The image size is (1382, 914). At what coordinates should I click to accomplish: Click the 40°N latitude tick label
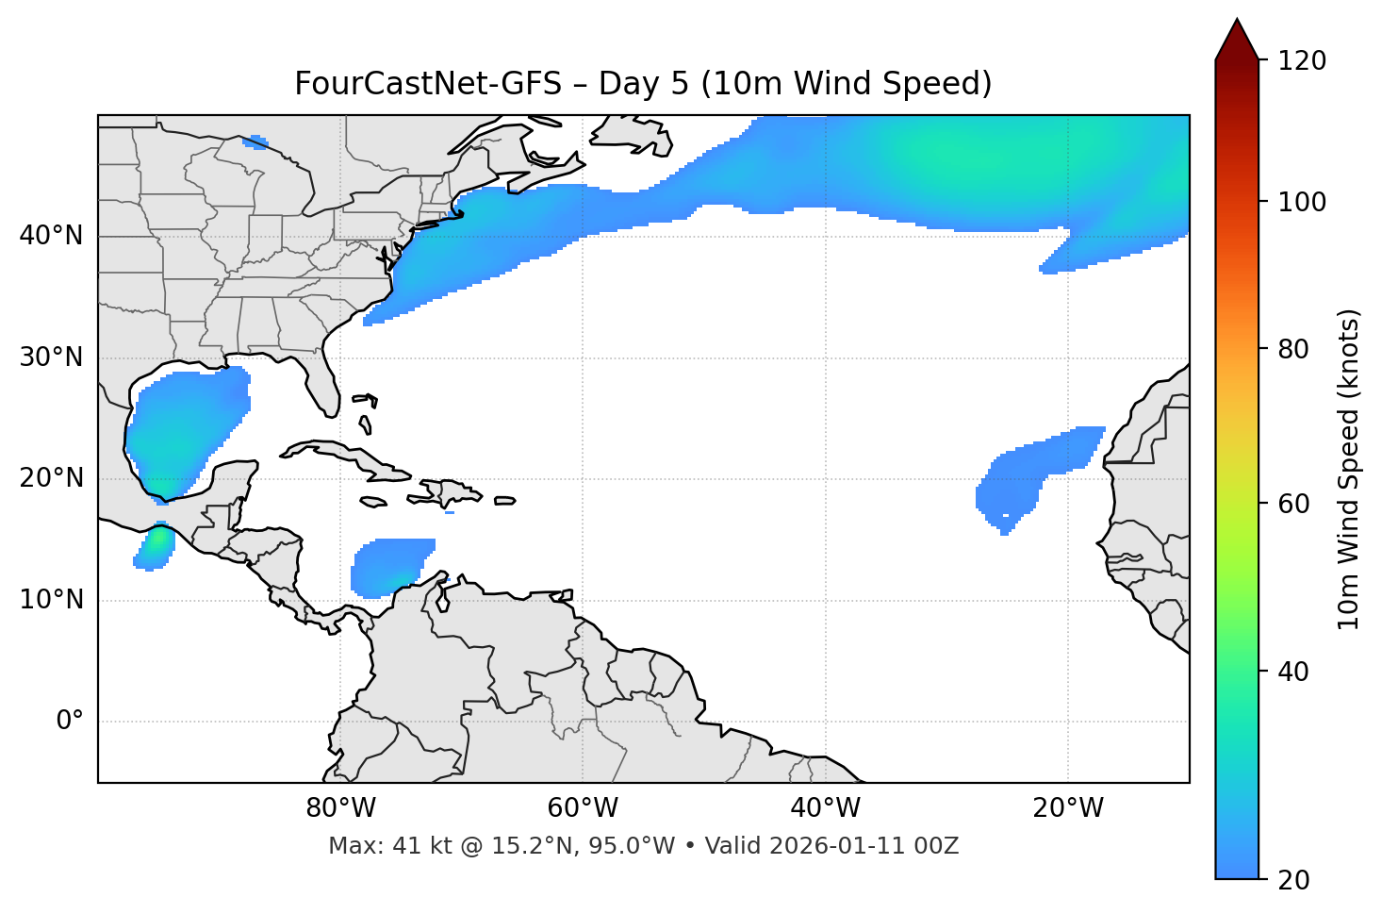coord(51,236)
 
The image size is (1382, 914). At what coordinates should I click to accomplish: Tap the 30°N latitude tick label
coord(51,357)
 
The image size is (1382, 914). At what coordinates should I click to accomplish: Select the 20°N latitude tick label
coord(51,478)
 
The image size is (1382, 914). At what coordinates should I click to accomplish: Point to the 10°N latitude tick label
coord(51,600)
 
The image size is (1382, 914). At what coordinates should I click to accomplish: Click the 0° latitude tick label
coord(70,722)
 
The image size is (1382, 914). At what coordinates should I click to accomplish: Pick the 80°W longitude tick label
coord(340,808)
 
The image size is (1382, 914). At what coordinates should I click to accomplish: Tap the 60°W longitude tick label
coord(583,808)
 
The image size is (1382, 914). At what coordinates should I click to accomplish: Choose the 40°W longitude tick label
coord(825,808)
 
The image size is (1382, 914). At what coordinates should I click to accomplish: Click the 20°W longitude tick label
coord(1068,808)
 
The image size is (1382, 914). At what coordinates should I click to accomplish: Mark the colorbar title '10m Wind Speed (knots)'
coord(1348,470)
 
